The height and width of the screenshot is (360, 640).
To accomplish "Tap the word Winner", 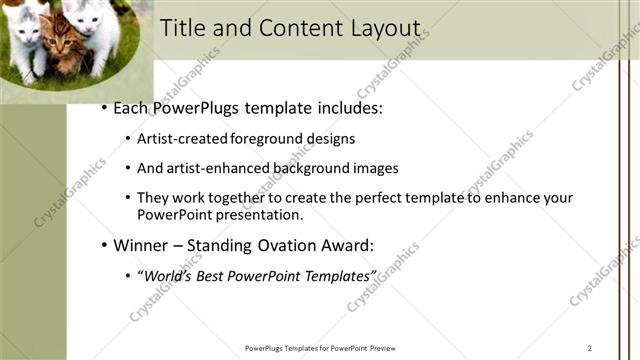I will pos(140,245).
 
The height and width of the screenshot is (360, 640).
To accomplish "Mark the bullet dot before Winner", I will pos(103,245).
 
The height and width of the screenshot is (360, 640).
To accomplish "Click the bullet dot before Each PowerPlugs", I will pos(103,108).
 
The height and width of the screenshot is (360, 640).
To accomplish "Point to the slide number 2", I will pos(590,348).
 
